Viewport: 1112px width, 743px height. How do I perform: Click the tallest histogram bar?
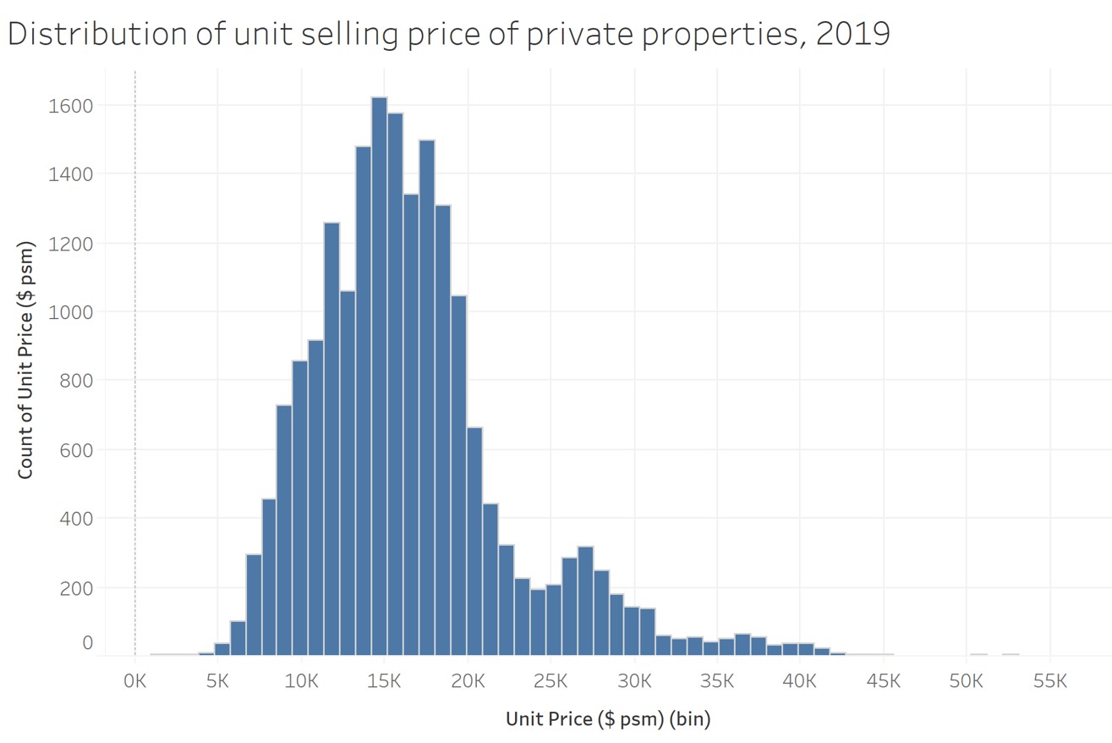380,376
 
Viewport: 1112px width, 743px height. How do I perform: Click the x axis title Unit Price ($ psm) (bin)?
608,719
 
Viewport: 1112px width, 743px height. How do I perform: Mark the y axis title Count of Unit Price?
26,359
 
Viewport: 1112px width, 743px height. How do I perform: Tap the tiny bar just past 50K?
978,653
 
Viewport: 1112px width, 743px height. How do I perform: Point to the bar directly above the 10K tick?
300,508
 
